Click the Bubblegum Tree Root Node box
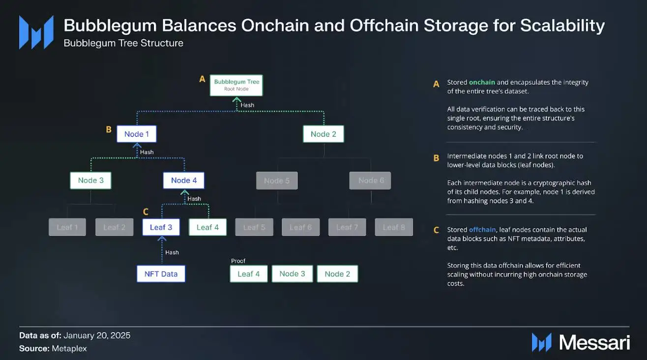pos(236,85)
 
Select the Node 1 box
pos(137,134)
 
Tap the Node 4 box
pos(184,180)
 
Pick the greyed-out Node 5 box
pos(277,180)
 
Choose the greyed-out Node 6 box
pos(370,180)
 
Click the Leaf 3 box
pos(161,227)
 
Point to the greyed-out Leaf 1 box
pos(67,227)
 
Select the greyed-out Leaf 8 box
pos(394,227)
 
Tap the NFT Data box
pos(161,273)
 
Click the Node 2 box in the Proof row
pos(337,273)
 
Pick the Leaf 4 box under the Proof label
pos(249,273)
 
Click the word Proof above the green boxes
pos(238,261)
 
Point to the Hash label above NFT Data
pos(172,252)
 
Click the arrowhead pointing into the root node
pos(236,100)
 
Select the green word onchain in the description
pos(482,82)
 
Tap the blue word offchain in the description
pos(482,230)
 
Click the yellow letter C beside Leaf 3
pos(146,212)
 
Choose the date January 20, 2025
pos(97,335)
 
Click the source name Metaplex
pos(69,349)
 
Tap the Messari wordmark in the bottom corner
pos(594,343)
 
